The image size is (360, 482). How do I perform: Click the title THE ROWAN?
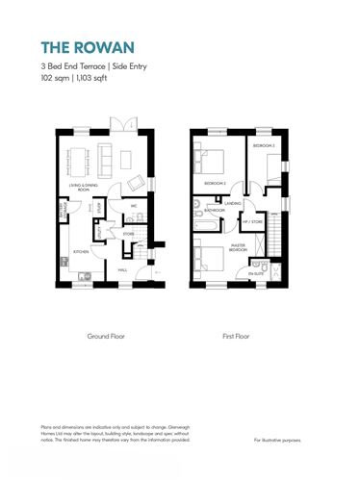80,45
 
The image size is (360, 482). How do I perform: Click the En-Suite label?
254,274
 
